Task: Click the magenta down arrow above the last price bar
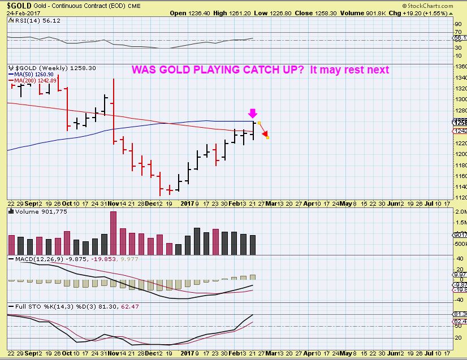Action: coord(252,113)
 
